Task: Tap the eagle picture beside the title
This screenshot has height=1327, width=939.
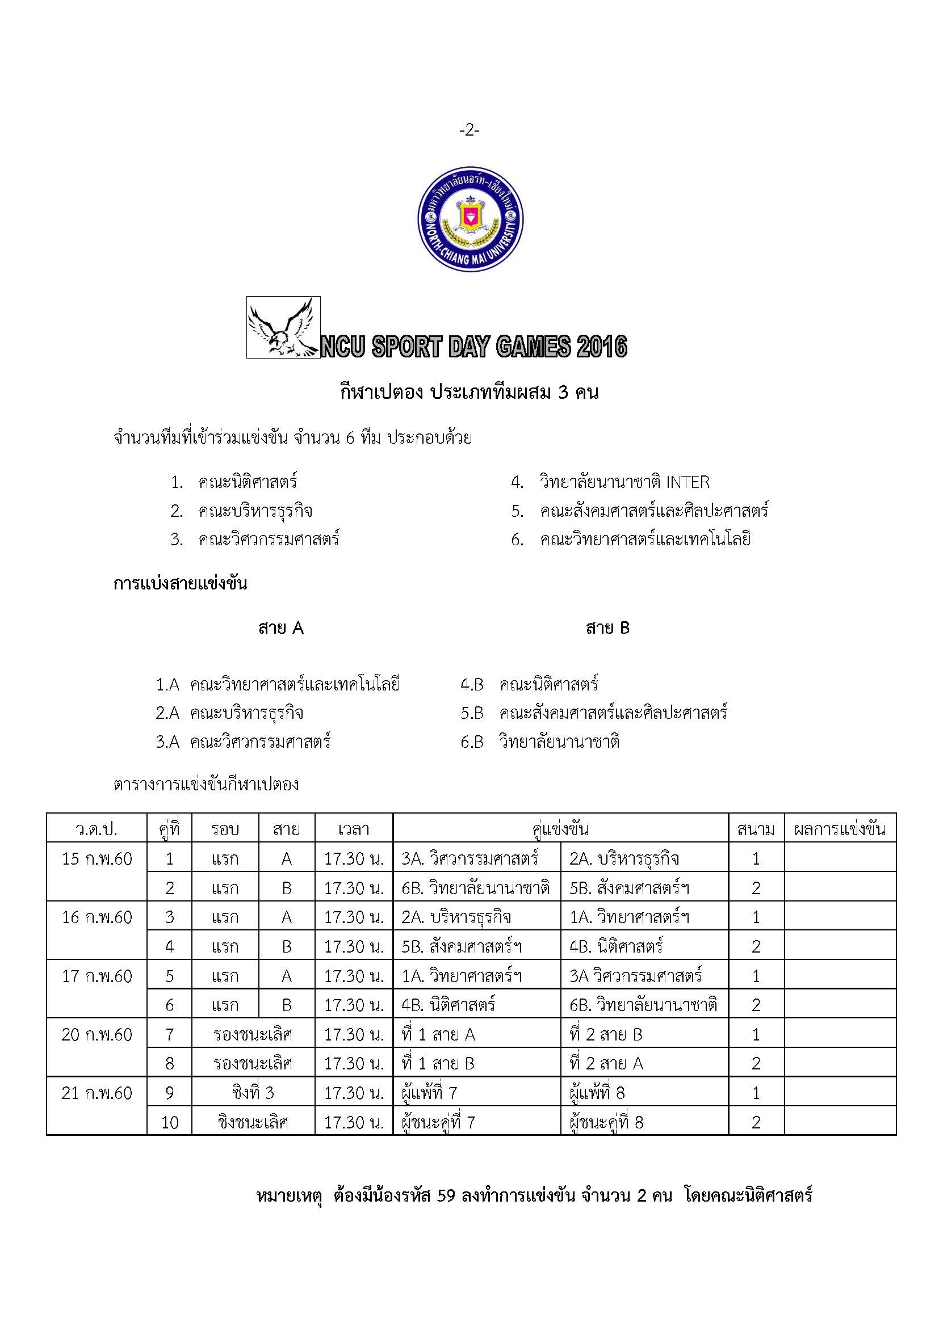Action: (283, 328)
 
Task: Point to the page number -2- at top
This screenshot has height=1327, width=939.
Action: (469, 130)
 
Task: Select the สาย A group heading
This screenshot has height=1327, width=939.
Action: (281, 627)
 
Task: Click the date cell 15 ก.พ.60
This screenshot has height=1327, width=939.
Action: (97, 859)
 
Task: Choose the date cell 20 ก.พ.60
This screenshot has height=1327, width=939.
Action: (97, 1035)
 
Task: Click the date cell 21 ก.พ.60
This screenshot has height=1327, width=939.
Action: (97, 1093)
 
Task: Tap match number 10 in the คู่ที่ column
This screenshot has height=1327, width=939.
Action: (169, 1122)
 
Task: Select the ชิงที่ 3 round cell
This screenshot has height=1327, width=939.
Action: (253, 1093)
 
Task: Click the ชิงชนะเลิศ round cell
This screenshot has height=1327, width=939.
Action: (253, 1122)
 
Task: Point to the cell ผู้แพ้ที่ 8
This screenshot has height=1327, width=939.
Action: (597, 1093)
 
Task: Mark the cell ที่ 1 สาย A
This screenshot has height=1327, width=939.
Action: (438, 1035)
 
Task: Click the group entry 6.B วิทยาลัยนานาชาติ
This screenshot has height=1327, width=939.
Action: (540, 742)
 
